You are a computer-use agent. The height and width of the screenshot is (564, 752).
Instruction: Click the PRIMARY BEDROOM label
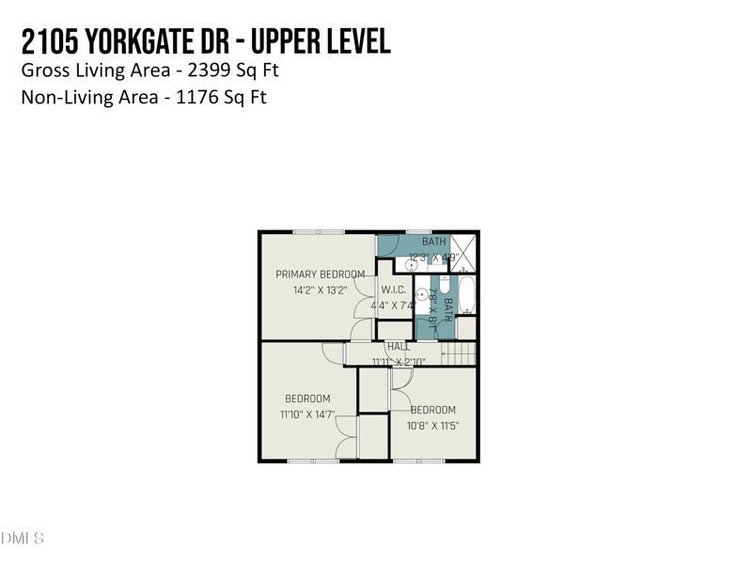tap(320, 274)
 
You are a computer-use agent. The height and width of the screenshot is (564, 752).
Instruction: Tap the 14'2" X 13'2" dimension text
tap(321, 290)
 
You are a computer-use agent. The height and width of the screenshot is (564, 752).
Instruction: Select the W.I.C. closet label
tap(392, 290)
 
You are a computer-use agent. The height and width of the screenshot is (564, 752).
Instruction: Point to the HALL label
tap(399, 347)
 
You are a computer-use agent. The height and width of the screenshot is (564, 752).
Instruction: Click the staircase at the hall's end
tap(460, 353)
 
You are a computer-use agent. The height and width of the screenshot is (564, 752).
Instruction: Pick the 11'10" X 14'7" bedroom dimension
tap(306, 415)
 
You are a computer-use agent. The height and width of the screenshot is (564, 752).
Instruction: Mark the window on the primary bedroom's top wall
tap(318, 232)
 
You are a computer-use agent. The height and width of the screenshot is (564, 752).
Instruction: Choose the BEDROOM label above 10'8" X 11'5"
tap(432, 410)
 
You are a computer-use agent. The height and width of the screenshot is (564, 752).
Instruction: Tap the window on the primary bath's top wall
tap(418, 232)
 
